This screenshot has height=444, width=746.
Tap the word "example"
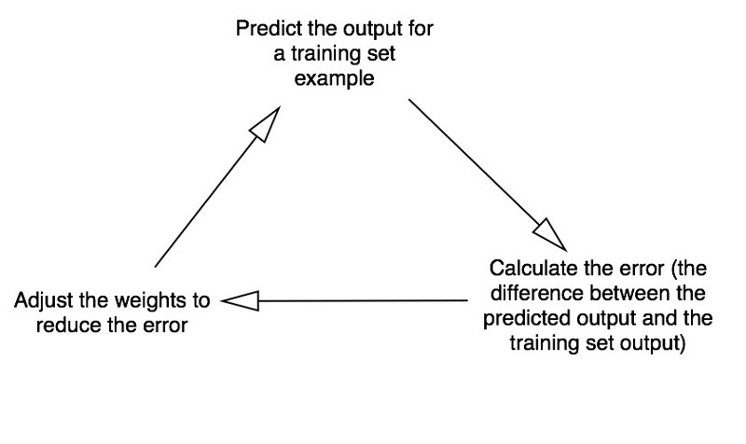[x=334, y=78]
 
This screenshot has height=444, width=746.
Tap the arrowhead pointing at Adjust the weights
[x=241, y=300]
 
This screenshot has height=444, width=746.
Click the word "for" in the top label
[x=421, y=28]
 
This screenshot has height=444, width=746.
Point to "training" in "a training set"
[x=325, y=54]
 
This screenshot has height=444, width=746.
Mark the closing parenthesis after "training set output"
[x=682, y=343]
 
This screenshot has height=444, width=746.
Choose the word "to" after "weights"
[x=201, y=300]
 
